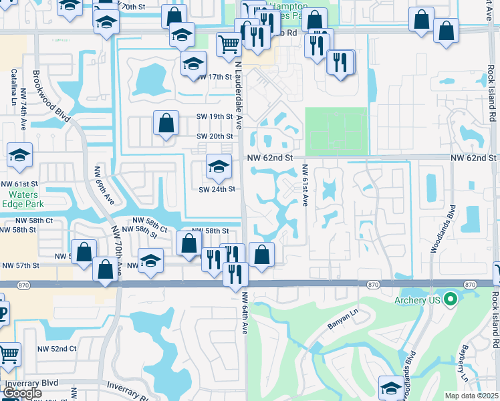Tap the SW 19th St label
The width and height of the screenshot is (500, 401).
[x=214, y=116]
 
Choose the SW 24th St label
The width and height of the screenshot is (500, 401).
[x=217, y=189]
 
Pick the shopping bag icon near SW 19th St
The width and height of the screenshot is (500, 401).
[x=166, y=123]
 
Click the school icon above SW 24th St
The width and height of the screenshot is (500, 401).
[x=218, y=166]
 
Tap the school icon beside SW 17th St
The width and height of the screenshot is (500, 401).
[x=193, y=64]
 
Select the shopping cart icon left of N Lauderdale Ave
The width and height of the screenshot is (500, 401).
[x=229, y=44]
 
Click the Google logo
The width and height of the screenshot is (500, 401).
[x=22, y=393]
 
